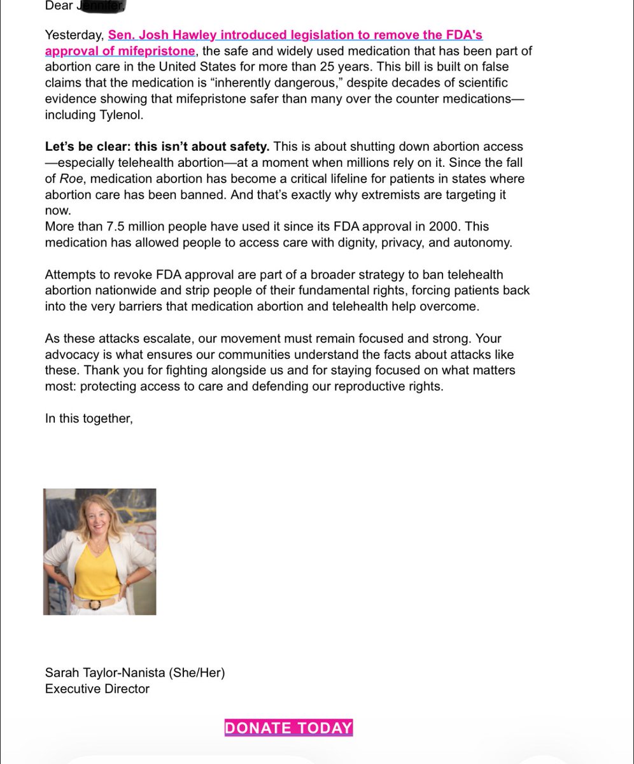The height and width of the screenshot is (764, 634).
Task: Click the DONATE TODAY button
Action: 288,728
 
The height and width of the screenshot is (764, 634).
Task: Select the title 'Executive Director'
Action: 97,688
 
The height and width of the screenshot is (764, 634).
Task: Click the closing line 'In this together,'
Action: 88,418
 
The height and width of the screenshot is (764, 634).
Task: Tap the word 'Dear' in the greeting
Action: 58,6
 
